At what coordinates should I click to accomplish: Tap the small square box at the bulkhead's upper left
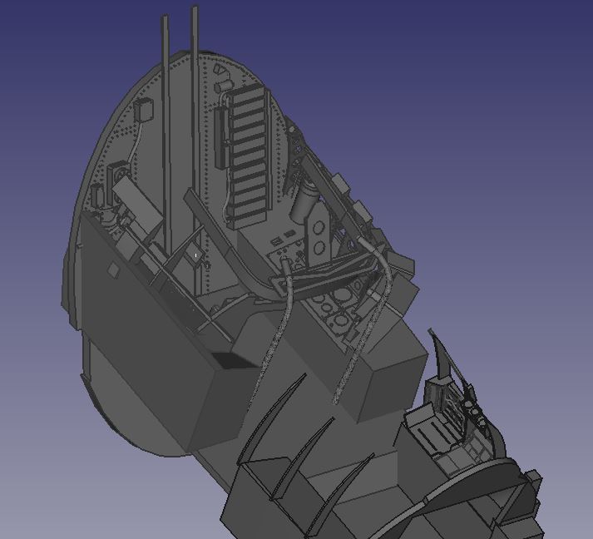144,111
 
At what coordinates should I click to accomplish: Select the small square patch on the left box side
113,269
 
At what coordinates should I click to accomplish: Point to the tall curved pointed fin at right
443,357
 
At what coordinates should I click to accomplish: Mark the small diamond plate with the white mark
196,255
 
